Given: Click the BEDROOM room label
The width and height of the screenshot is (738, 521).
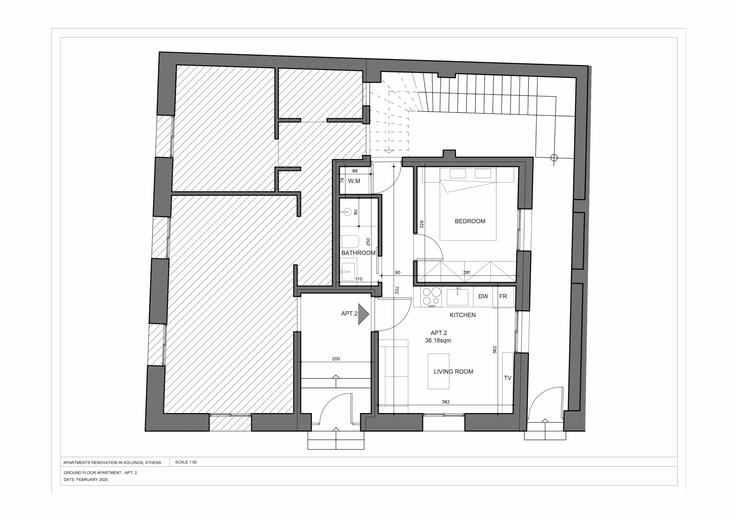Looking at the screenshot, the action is point(470,221).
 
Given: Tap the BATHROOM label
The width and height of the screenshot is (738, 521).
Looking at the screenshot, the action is point(358,253).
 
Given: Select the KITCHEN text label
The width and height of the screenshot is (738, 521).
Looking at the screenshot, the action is point(462,315).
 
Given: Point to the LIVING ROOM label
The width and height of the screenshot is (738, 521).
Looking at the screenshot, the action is point(453,372).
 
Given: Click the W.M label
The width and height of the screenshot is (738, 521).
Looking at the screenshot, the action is point(354,181).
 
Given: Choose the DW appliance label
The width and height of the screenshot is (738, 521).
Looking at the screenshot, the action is point(483,296).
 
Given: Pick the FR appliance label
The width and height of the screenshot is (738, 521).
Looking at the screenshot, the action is point(503,296).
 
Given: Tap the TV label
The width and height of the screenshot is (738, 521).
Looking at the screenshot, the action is point(508,378).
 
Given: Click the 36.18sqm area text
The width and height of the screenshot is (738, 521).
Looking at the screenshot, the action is point(438,340).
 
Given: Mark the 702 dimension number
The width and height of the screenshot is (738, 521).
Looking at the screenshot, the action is point(397,290).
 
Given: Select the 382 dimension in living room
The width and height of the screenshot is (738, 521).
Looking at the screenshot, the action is point(445,402).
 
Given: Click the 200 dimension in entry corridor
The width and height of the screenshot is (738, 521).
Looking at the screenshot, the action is point(336,359).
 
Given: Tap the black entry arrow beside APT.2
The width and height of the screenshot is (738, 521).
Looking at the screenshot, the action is point(363,314).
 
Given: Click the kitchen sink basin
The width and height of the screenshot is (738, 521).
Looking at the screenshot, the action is point(457,297).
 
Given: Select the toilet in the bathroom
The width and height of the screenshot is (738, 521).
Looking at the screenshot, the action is point(349,242).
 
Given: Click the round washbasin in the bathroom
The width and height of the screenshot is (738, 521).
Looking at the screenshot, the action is point(347,212).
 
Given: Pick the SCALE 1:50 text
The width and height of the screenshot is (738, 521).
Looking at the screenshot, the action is point(186,462).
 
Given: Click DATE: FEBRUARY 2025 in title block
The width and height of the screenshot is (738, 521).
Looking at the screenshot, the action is point(86,480).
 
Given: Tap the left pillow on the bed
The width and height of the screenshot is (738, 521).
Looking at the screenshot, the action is point(458,173).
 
